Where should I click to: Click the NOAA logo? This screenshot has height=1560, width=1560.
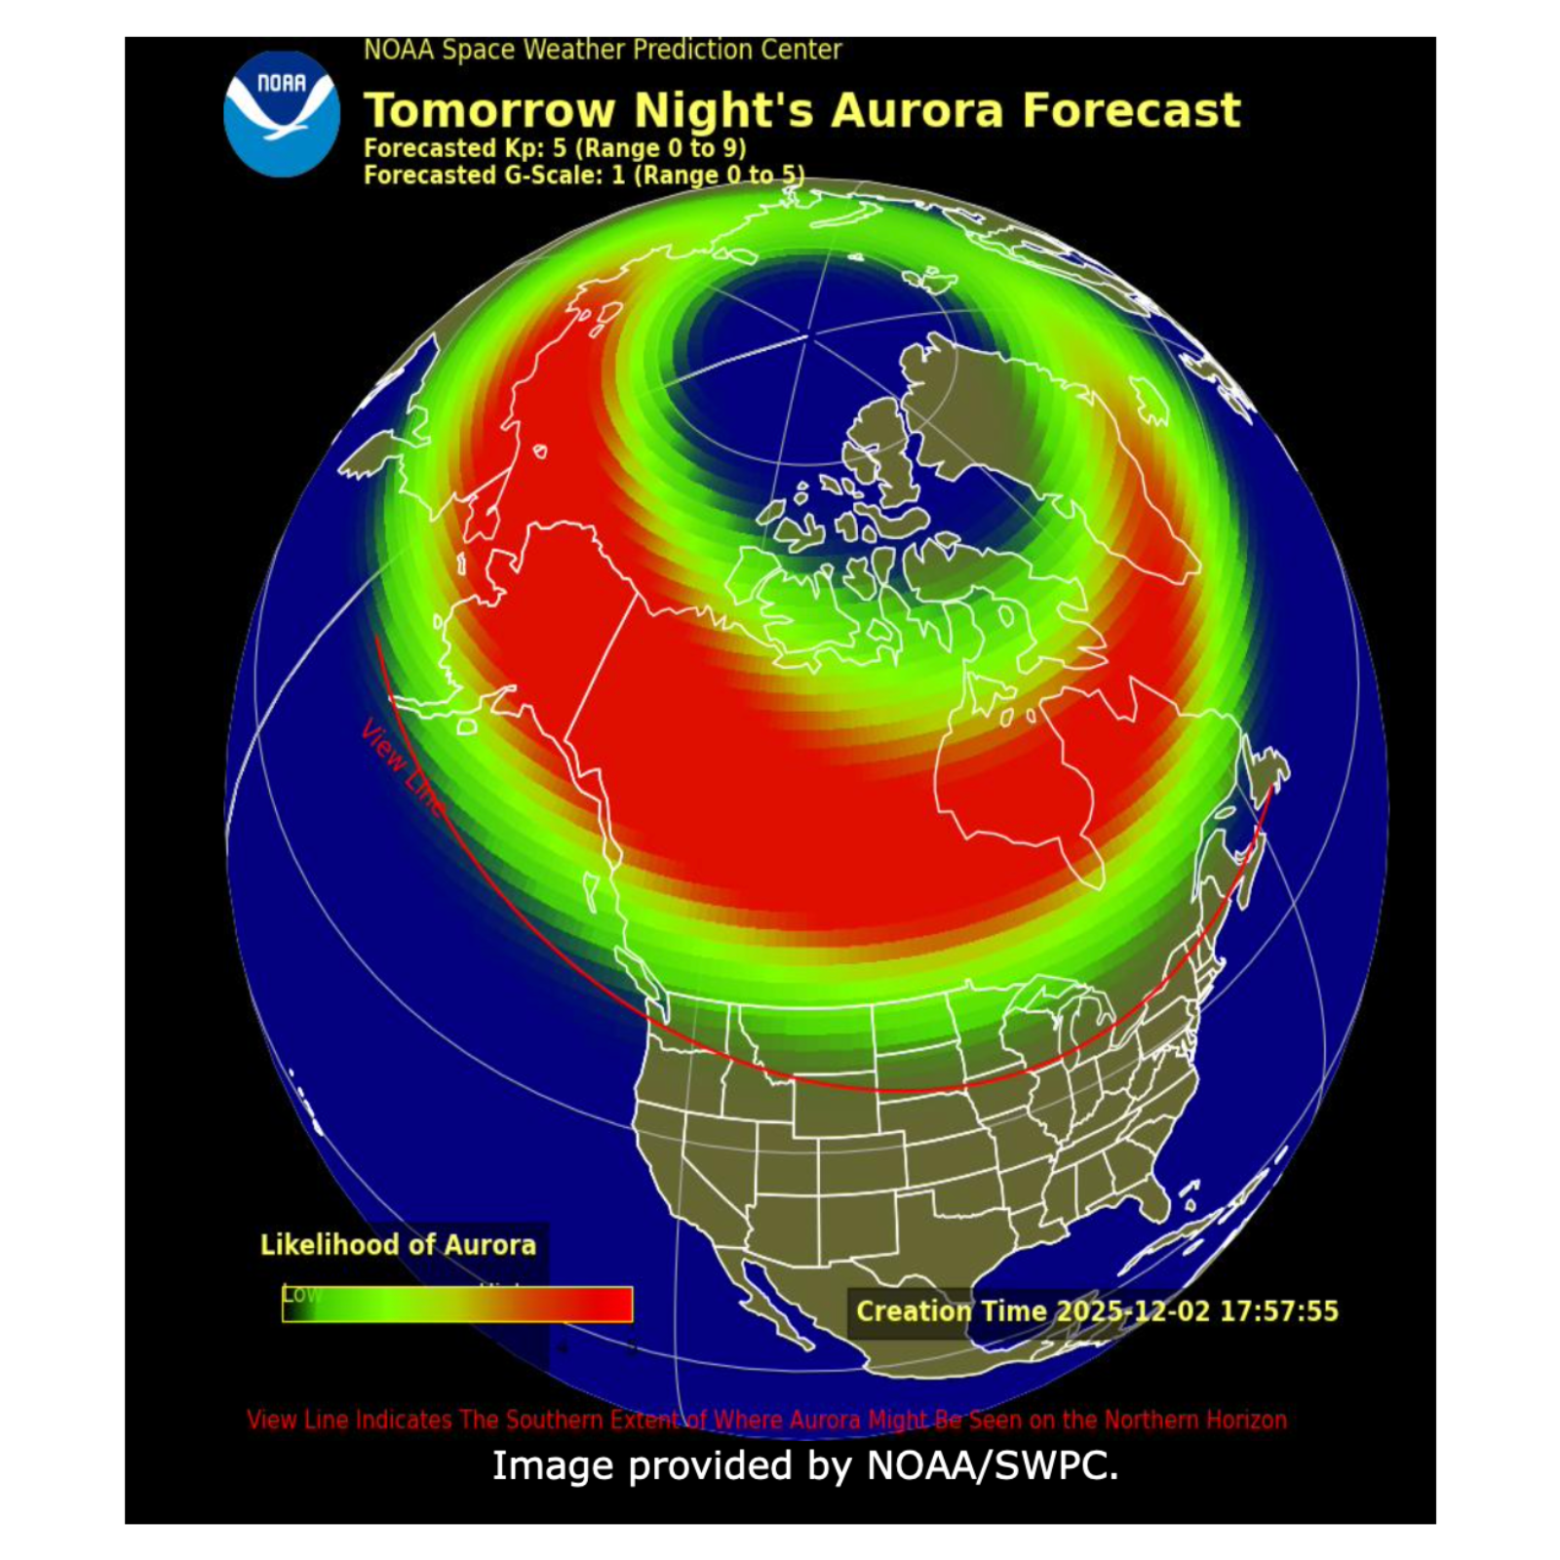tap(281, 114)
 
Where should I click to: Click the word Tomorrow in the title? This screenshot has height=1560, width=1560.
tap(488, 110)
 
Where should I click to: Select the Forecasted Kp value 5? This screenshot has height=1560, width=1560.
tap(559, 148)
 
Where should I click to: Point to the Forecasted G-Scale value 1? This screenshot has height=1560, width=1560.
tap(617, 175)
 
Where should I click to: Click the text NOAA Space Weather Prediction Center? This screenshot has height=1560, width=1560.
tap(602, 50)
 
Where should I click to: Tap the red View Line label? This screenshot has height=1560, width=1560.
tap(401, 765)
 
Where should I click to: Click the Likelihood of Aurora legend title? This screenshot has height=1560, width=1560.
tap(398, 1245)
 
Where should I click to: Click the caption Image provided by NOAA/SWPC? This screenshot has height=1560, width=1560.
tap(804, 1466)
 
